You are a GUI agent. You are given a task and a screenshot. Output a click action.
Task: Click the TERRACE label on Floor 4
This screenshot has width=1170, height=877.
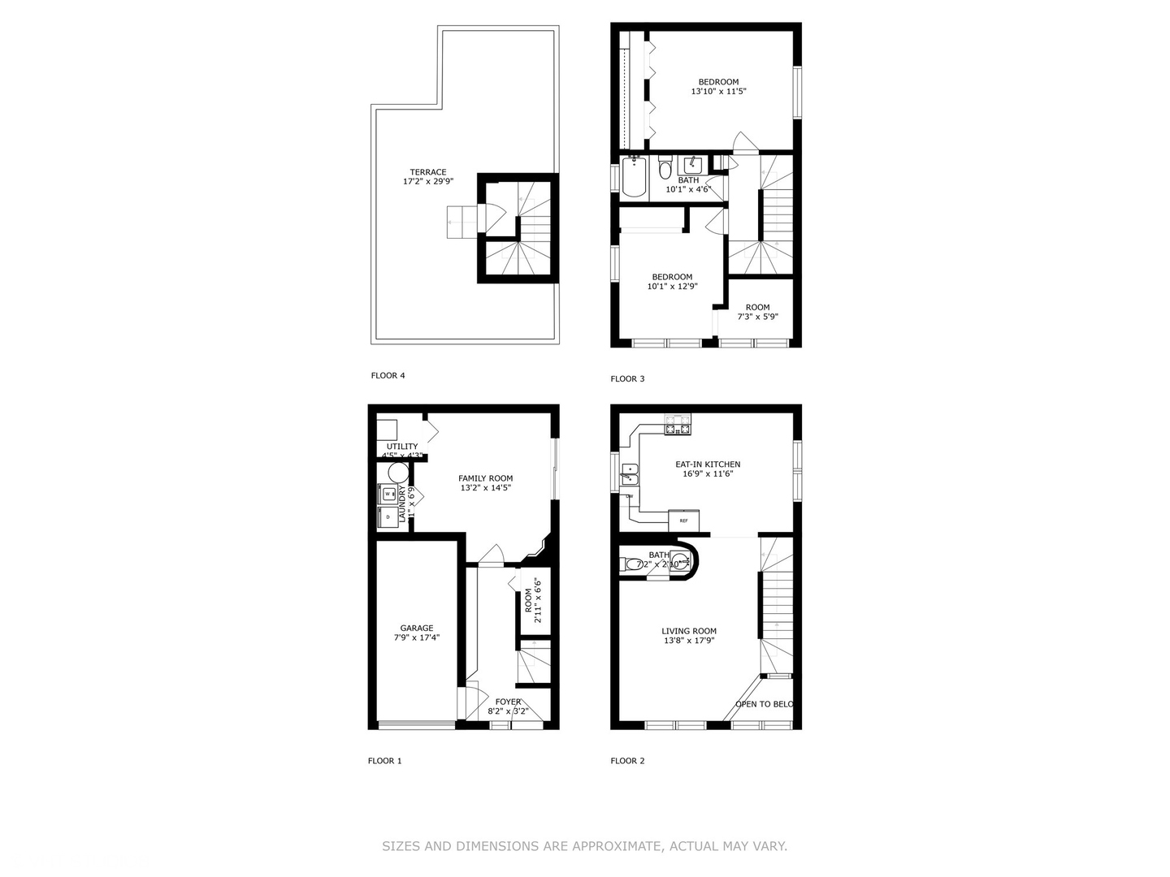pyautogui.click(x=427, y=172)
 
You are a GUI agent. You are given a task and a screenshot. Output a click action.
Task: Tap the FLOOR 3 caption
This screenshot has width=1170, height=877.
pyautogui.click(x=627, y=379)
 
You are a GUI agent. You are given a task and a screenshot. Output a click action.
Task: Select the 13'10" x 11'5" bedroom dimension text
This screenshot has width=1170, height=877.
pyautogui.click(x=718, y=92)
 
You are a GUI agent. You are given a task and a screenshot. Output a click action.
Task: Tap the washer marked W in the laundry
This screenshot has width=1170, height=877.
pyautogui.click(x=388, y=494)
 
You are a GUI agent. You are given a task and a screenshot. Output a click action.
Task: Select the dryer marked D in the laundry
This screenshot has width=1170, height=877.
pyautogui.click(x=388, y=516)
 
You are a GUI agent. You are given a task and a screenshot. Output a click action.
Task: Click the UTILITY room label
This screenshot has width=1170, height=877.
pyautogui.click(x=402, y=447)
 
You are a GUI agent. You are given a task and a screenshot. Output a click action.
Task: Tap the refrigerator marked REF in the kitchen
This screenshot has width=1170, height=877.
pyautogui.click(x=683, y=520)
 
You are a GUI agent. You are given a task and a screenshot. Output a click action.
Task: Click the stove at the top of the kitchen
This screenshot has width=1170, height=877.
pyautogui.click(x=678, y=428)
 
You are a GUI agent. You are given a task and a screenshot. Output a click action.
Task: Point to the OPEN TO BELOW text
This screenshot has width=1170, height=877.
pyautogui.click(x=764, y=704)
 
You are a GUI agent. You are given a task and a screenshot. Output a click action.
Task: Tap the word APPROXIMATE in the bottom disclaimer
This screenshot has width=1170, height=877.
pyautogui.click(x=604, y=846)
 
